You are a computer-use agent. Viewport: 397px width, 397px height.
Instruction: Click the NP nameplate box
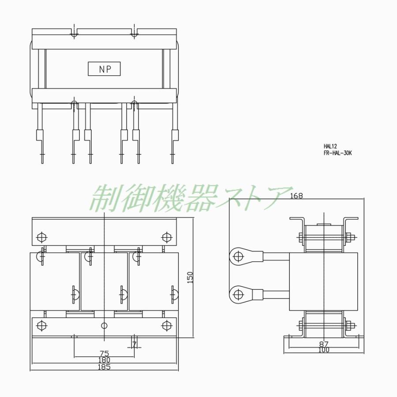pyautogui.click(x=104, y=69)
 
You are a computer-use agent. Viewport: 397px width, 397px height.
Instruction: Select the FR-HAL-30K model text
pyautogui.click(x=338, y=153)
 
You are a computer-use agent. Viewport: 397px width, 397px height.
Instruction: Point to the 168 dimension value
pyautogui.click(x=297, y=196)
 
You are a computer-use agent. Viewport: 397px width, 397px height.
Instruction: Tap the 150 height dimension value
pyautogui.click(x=190, y=277)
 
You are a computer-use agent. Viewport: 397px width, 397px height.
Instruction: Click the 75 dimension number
pyautogui.click(x=104, y=353)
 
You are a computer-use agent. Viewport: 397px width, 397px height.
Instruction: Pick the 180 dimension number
pyautogui.click(x=104, y=360)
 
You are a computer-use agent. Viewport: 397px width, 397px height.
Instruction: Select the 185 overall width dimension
pyautogui.click(x=104, y=367)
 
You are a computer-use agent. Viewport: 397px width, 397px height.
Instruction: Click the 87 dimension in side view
pyautogui.click(x=324, y=344)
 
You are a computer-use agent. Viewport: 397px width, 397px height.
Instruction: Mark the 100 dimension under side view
pyautogui.click(x=324, y=350)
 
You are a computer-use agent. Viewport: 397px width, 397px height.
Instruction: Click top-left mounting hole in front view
pyautogui.click(x=41, y=237)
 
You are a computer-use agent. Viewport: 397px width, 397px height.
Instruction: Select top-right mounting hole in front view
pyautogui.click(x=166, y=237)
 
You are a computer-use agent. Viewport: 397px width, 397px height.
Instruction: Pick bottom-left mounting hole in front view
pyautogui.click(x=41, y=326)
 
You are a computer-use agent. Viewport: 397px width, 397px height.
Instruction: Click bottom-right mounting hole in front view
pyautogui.click(x=166, y=326)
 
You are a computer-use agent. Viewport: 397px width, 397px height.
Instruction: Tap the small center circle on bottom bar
pyautogui.click(x=104, y=326)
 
